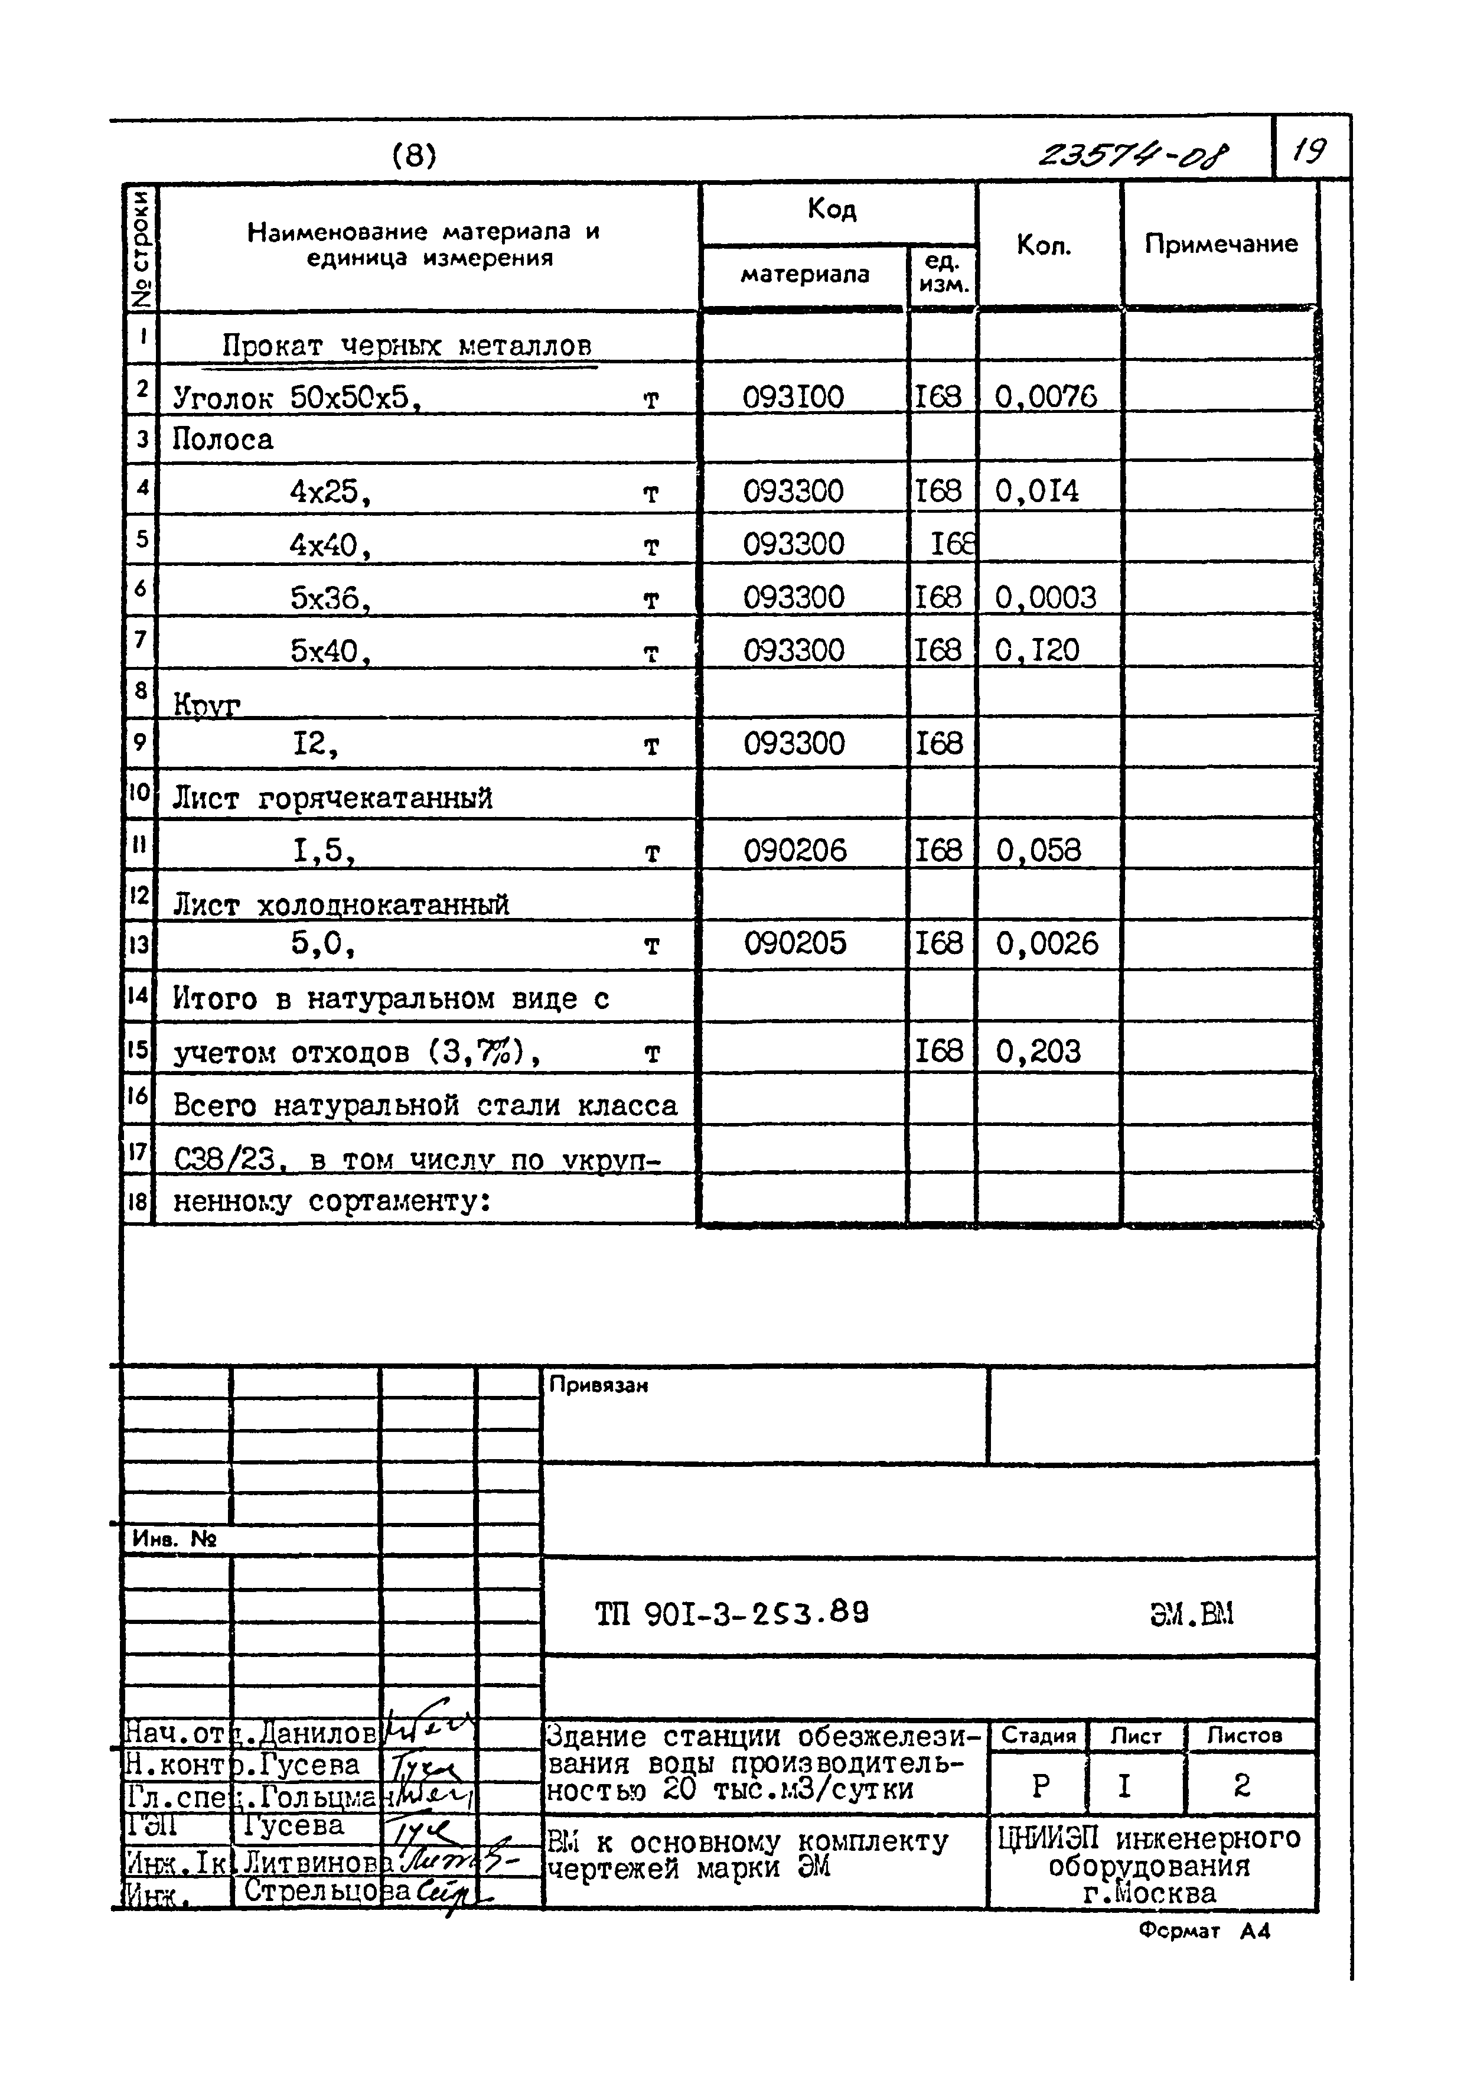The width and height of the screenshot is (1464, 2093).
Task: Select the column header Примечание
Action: [x=1221, y=245]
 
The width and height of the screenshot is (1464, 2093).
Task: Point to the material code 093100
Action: [x=793, y=396]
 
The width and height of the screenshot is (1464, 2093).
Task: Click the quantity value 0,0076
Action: [x=1045, y=396]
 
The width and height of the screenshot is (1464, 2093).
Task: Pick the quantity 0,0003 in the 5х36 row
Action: [x=1045, y=597]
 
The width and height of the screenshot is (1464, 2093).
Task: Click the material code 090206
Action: [x=795, y=851]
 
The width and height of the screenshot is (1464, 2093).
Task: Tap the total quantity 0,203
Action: [x=1038, y=1051]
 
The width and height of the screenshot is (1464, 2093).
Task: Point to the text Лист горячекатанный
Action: [x=332, y=799]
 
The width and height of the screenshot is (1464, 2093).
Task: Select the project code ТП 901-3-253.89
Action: [x=732, y=1614]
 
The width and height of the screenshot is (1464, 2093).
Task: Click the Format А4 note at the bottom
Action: [x=1204, y=1930]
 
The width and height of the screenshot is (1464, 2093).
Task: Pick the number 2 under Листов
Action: [x=1241, y=1785]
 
